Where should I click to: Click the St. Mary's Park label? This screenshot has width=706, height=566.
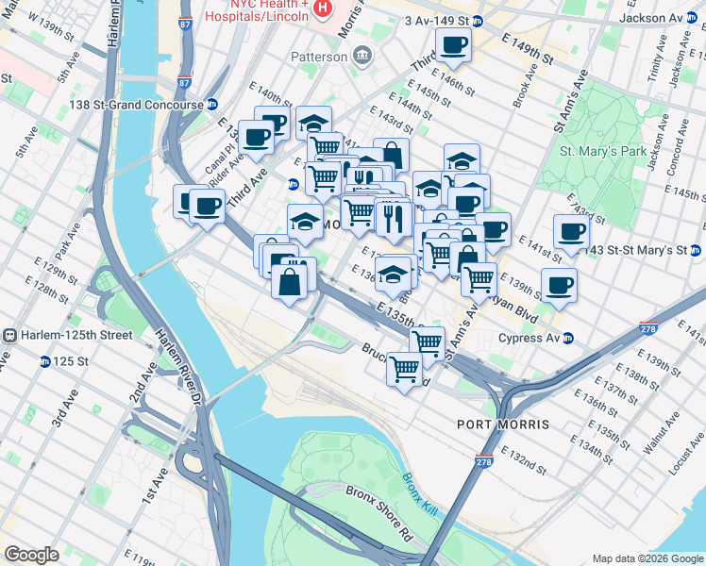coord(602,151)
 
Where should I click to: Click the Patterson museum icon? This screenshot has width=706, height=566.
coord(361,57)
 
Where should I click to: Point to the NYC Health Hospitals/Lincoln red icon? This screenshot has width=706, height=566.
coord(324,8)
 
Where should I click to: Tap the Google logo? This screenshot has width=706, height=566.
coord(31,555)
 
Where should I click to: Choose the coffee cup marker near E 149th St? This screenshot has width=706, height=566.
coord(453,44)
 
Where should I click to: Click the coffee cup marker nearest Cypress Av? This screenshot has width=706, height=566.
coord(559,285)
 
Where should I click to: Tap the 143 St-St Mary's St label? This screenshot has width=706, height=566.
coord(644,250)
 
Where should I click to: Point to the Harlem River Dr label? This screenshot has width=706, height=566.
coord(176,368)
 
